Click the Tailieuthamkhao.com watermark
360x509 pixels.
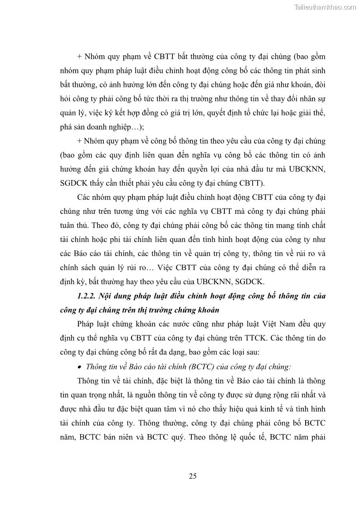pos(326,7)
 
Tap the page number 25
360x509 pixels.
pos(192,476)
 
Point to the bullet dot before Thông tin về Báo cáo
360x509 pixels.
pos(80,367)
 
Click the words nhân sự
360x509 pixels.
pos(313,99)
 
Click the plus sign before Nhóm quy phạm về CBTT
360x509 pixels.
pos(80,57)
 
